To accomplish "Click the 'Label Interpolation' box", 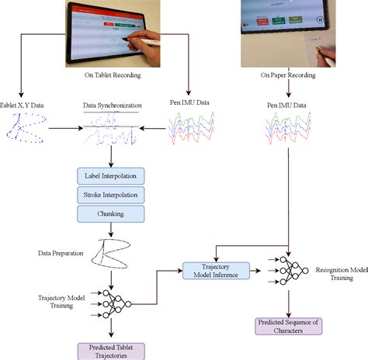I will coord(111,177).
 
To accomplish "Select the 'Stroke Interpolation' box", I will coord(111,195).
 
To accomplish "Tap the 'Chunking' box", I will coord(111,213).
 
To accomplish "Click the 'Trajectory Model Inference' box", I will coord(215,269).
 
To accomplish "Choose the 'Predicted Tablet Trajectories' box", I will coord(112,350).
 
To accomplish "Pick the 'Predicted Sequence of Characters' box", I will coord(288,325).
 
